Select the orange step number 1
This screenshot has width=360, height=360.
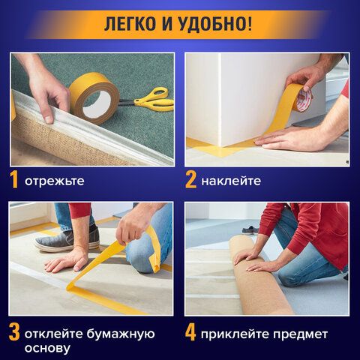[x=14, y=179]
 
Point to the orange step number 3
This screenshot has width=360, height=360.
[x=14, y=332]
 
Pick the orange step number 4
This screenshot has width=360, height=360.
[x=190, y=332]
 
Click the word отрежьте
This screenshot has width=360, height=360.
[x=55, y=181]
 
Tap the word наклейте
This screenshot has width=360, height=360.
[x=231, y=181]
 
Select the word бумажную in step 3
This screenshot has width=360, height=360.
[x=121, y=334]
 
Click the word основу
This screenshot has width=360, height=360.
[x=47, y=348]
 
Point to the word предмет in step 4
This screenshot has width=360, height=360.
[x=300, y=334]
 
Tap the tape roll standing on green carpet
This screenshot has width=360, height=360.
[x=94, y=98]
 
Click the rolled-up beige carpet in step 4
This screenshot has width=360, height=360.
[x=260, y=277]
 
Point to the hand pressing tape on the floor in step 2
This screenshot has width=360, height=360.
[x=290, y=139]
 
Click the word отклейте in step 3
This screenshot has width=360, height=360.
[x=54, y=334]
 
